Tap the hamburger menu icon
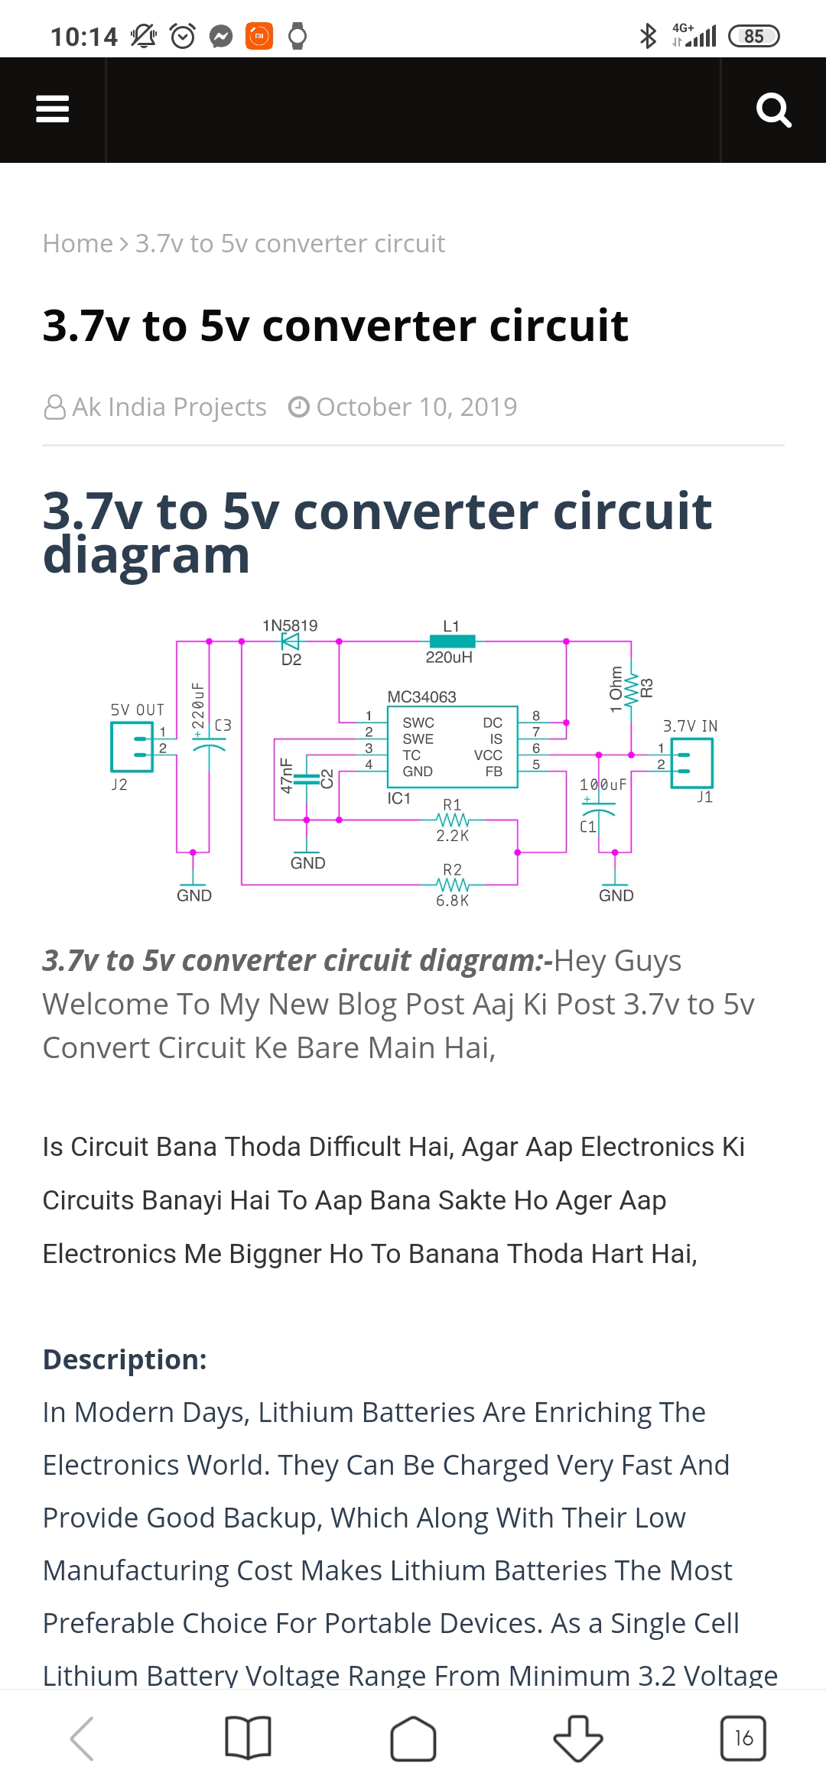(x=52, y=109)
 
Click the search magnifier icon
(x=773, y=110)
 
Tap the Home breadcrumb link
(x=77, y=243)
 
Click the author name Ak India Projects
(x=169, y=407)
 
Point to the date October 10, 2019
(x=416, y=407)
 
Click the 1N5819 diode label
(x=290, y=625)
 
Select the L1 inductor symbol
(x=452, y=641)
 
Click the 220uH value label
(x=449, y=657)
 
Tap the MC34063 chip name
(x=421, y=696)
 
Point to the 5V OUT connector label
(x=138, y=709)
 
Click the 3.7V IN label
(x=690, y=726)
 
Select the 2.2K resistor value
(x=452, y=836)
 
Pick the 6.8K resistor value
(x=452, y=901)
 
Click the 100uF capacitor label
(x=603, y=784)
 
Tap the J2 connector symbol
(x=133, y=747)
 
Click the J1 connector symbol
(x=691, y=762)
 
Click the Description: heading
(x=125, y=1359)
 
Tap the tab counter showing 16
(x=743, y=1739)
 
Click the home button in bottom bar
(x=413, y=1739)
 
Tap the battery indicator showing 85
(x=753, y=36)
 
